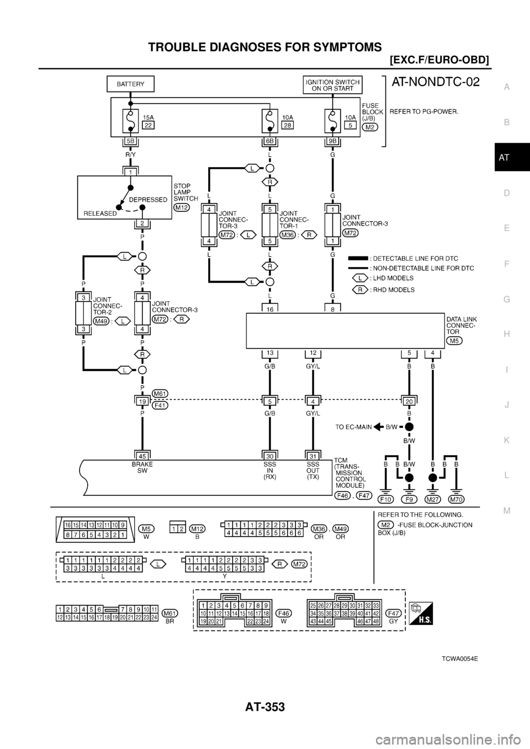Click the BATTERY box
tap(130, 84)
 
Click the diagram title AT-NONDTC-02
tap(434, 83)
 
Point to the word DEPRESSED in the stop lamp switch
tap(149, 200)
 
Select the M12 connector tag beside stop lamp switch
tap(181, 207)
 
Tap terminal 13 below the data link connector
tap(269, 352)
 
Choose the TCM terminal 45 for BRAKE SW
tap(142, 456)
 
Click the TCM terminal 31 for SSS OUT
tap(312, 456)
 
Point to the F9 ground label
tap(409, 499)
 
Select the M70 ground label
tap(457, 499)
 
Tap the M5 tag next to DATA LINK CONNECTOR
tap(456, 340)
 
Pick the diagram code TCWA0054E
tap(459, 659)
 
